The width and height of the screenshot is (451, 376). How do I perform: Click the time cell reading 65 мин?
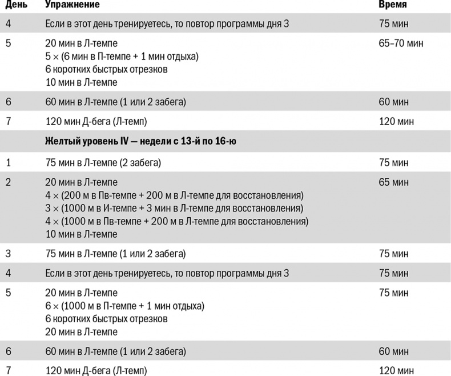[x=394, y=182]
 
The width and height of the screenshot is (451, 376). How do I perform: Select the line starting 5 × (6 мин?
[x=122, y=56]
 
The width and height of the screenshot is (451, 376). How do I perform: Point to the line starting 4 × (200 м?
[x=174, y=195]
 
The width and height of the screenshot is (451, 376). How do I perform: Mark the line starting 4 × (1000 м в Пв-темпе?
[x=177, y=221]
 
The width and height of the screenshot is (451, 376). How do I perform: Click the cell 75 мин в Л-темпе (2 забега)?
[x=103, y=163]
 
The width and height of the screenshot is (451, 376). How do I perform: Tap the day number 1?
[x=8, y=163]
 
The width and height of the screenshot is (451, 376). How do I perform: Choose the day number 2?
[x=8, y=182]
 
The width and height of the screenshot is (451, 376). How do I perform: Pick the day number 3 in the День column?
[x=8, y=254]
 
